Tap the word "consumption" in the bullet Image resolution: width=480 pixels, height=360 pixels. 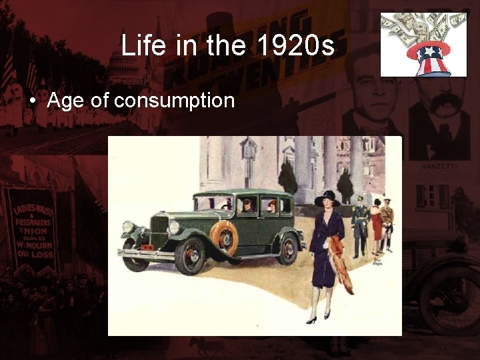pyautogui.click(x=175, y=101)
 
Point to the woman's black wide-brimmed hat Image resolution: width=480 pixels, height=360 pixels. pyautogui.click(x=327, y=199)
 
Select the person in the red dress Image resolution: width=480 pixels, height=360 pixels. pyautogui.click(x=377, y=223)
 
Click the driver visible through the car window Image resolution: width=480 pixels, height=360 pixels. pyautogui.click(x=246, y=205)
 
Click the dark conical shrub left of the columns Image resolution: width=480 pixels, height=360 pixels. pyautogui.click(x=287, y=179)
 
